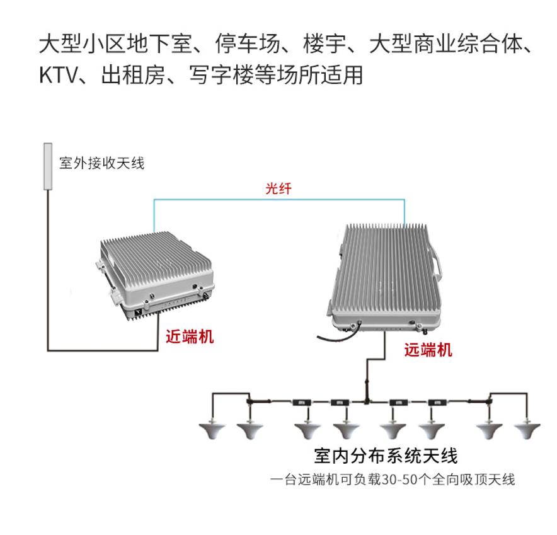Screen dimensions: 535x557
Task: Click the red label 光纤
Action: click(278, 188)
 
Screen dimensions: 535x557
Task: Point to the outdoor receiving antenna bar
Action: click(47, 166)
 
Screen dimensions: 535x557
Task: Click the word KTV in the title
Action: click(58, 74)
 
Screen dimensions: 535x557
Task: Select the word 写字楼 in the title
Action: click(219, 74)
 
